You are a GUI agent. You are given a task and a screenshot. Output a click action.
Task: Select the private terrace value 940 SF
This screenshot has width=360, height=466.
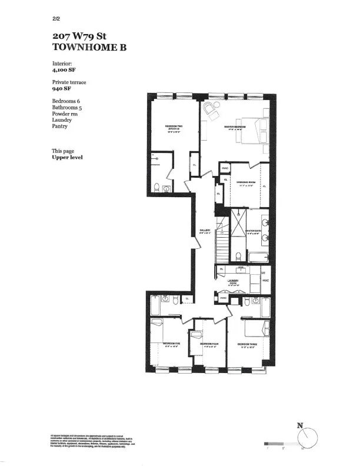(x=65, y=90)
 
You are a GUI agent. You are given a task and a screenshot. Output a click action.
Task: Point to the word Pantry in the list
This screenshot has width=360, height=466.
(x=60, y=126)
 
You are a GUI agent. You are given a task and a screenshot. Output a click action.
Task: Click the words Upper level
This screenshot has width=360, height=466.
(x=67, y=157)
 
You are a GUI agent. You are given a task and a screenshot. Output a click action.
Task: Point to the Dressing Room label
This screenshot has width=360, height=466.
(x=246, y=183)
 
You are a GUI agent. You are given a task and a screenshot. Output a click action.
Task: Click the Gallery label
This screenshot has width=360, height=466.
(x=205, y=231)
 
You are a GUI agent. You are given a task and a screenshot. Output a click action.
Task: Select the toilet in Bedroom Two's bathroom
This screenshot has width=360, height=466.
(x=157, y=188)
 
